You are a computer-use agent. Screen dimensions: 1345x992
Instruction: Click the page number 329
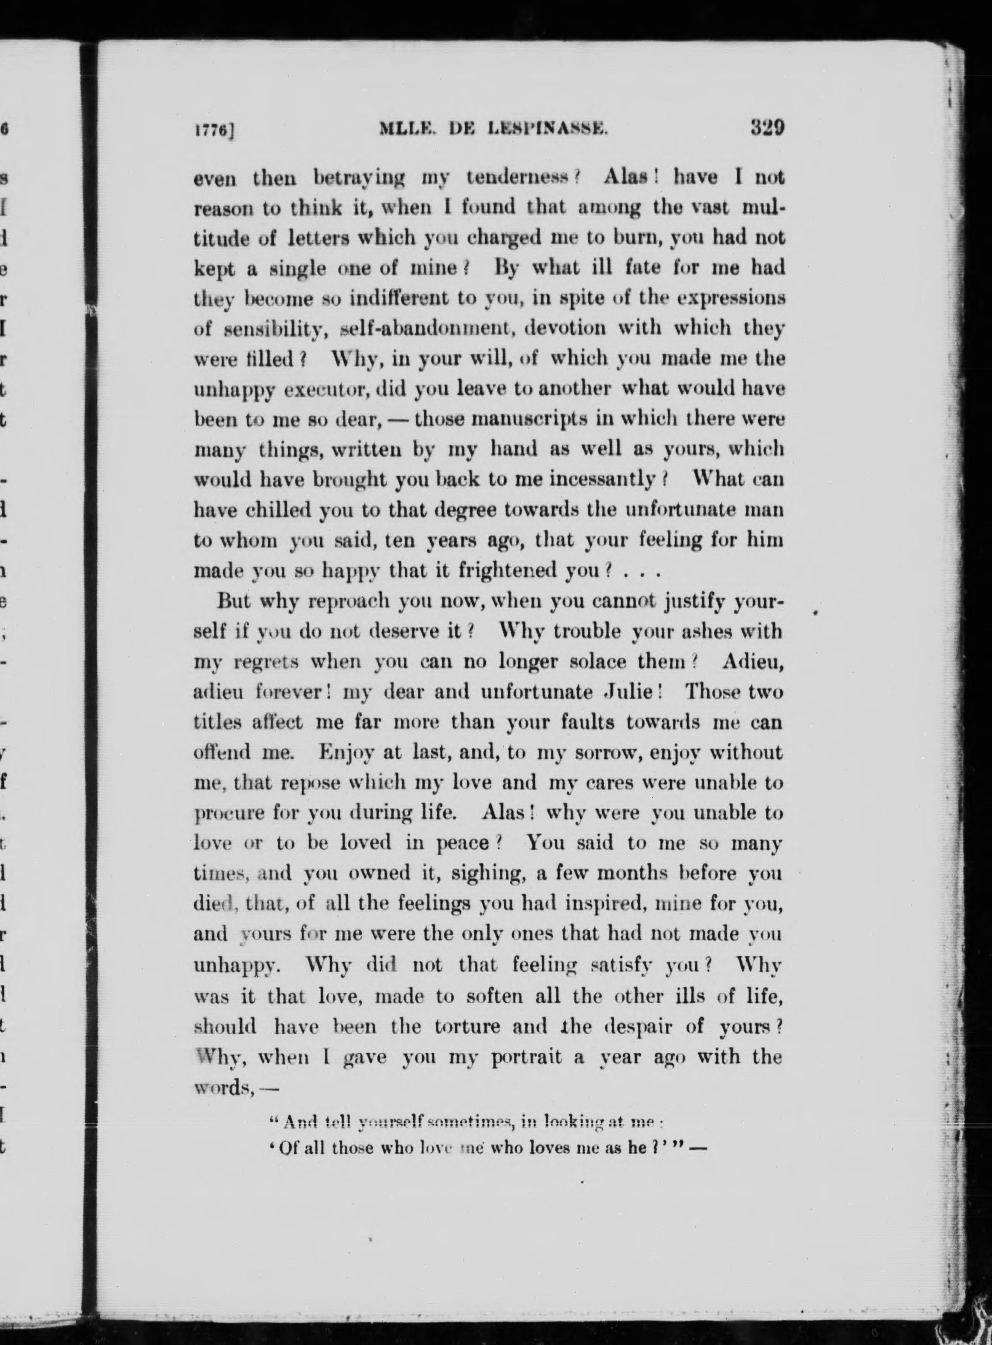[x=766, y=128]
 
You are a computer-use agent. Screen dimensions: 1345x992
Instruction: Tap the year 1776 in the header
[x=213, y=130]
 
